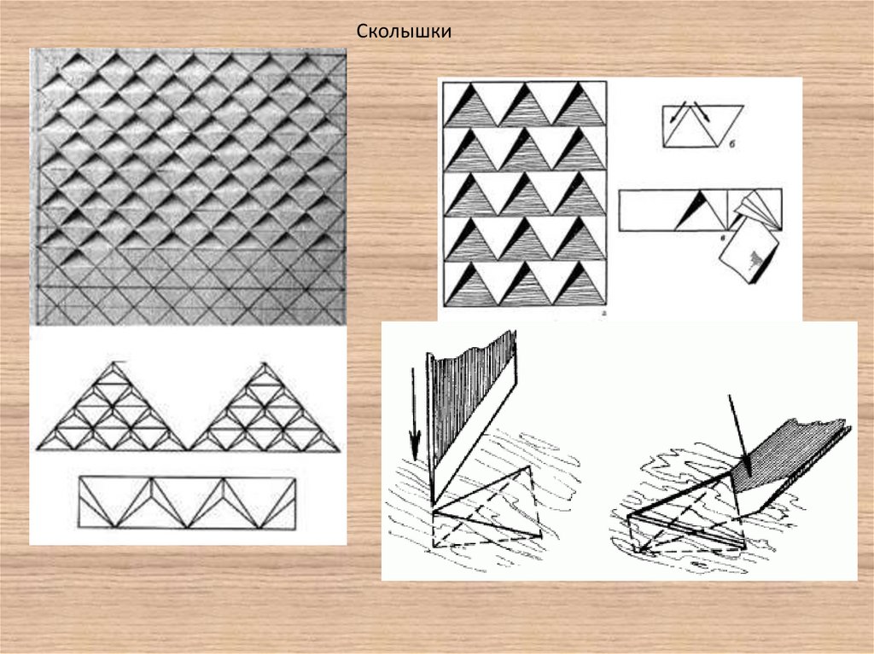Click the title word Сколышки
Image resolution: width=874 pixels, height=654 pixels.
point(404,32)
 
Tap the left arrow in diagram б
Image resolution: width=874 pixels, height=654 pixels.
point(676,112)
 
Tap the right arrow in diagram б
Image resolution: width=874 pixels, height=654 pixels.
point(702,112)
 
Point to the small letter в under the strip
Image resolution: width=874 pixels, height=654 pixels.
point(723,238)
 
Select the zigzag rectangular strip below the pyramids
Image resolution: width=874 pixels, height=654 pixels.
point(187,502)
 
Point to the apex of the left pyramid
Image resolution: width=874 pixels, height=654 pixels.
point(114,362)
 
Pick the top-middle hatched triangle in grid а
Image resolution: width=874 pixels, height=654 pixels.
point(525,104)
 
